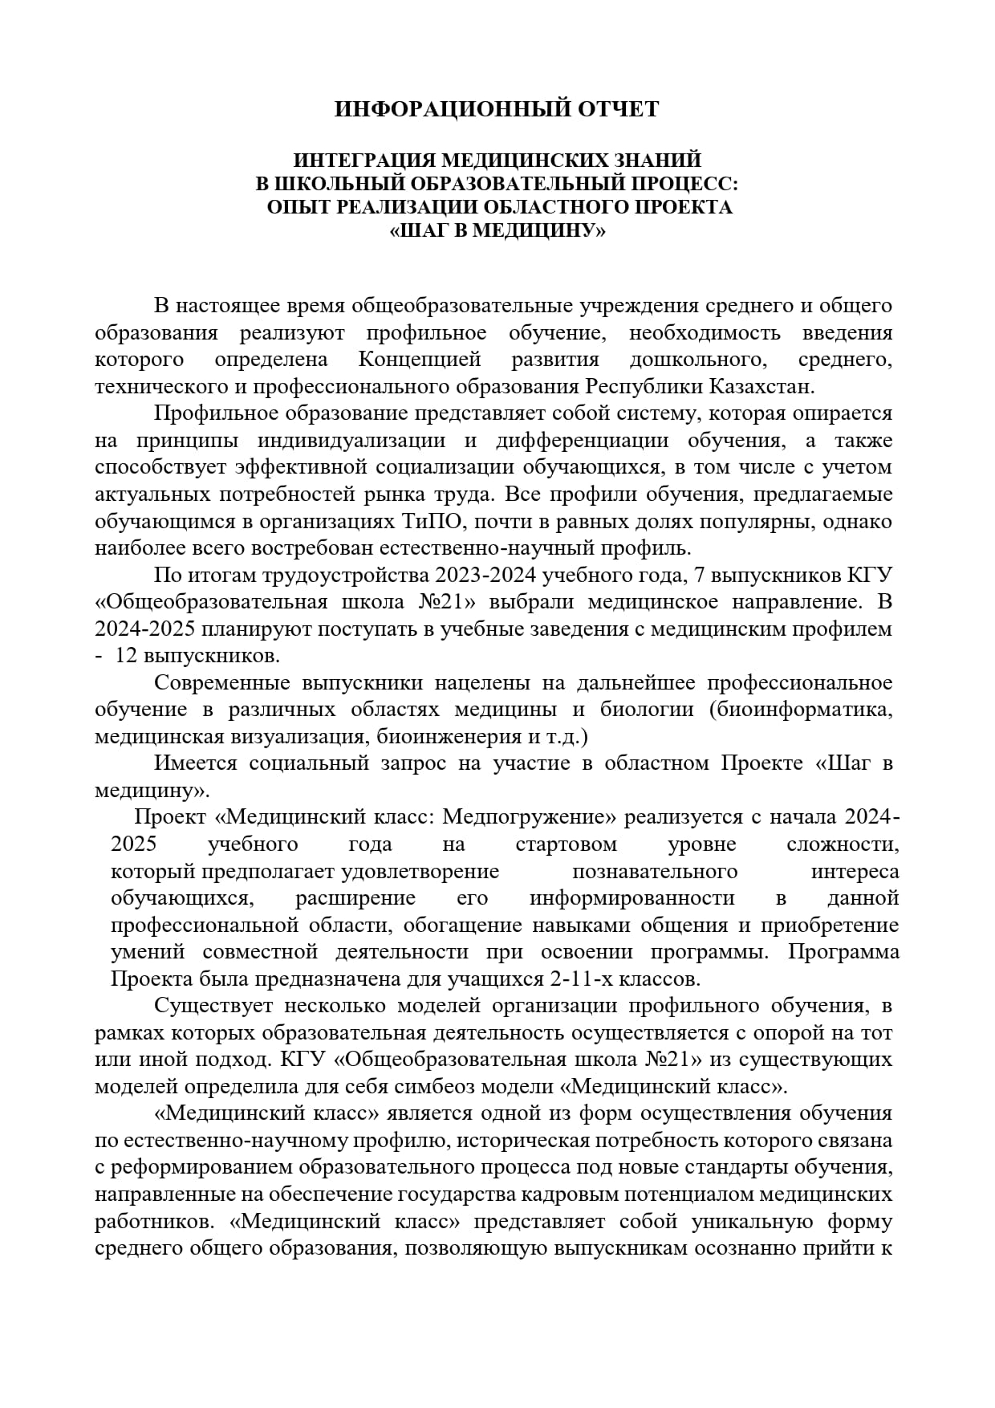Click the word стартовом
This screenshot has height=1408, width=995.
pyautogui.click(x=567, y=844)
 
